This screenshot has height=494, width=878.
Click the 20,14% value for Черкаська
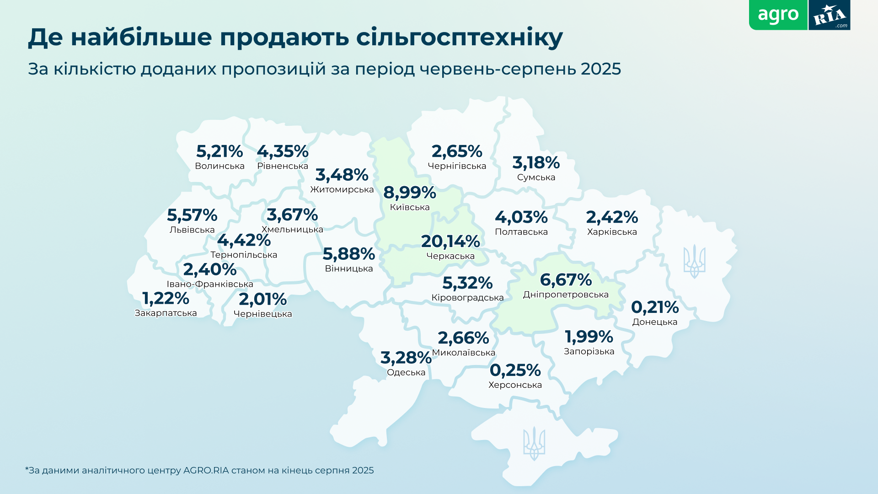[x=450, y=242]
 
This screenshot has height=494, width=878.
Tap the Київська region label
[x=410, y=208]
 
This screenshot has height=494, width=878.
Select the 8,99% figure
[x=410, y=193]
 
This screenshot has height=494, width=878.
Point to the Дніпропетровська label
[x=566, y=295]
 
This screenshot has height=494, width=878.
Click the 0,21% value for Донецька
[x=655, y=307]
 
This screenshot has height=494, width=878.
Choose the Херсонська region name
[x=515, y=385]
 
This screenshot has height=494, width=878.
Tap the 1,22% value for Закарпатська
[x=166, y=298]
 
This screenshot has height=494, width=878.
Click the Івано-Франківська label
[x=210, y=284]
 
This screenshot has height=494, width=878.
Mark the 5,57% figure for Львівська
[x=192, y=215]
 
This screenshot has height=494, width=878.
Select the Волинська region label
[x=219, y=166]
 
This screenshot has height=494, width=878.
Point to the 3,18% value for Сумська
[x=536, y=162]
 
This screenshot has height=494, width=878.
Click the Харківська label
[x=612, y=232]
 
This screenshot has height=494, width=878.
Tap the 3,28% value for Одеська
[x=406, y=358]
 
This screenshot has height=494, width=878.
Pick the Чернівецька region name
[x=262, y=314]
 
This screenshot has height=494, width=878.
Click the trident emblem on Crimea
[x=534, y=443]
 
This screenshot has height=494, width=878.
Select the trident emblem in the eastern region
[x=694, y=262]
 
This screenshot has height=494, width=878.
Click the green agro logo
[x=778, y=15]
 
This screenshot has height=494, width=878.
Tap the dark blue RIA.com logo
[x=829, y=16]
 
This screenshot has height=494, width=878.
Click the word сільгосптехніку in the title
[x=459, y=38]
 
